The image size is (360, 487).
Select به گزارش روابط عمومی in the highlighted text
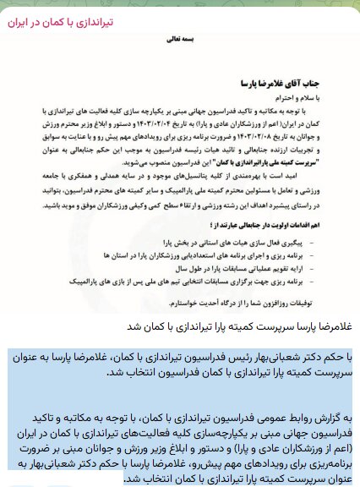pos(301,419)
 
